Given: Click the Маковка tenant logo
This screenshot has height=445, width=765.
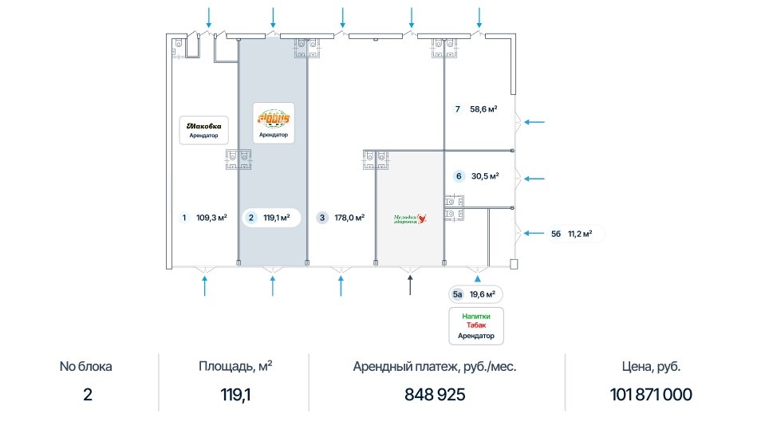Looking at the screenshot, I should pyautogui.click(x=203, y=125).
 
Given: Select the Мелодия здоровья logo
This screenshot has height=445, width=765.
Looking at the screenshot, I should pyautogui.click(x=410, y=218).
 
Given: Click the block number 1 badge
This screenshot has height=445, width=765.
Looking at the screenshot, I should pyautogui.click(x=184, y=217).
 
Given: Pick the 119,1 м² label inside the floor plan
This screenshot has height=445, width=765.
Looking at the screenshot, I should pyautogui.click(x=276, y=217).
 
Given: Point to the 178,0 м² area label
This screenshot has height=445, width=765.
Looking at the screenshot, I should pyautogui.click(x=348, y=217).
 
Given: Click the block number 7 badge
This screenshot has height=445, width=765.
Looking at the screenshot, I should pyautogui.click(x=457, y=109).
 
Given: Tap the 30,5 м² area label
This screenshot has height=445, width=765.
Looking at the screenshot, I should pyautogui.click(x=485, y=176).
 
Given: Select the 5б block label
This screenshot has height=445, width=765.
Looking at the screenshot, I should pyautogui.click(x=556, y=234).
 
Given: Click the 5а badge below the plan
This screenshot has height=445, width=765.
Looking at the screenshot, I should pyautogui.click(x=458, y=294).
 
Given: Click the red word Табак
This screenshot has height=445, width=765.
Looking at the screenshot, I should pyautogui.click(x=475, y=325).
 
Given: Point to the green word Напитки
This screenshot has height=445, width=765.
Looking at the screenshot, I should pyautogui.click(x=475, y=316).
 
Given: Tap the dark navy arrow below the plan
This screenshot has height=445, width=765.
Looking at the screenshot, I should pyautogui.click(x=410, y=284).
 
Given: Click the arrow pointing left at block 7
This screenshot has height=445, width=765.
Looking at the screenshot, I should pyautogui.click(x=535, y=122).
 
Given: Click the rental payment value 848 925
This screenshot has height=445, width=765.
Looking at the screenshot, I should pyautogui.click(x=435, y=395).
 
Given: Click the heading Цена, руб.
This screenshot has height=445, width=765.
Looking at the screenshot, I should pyautogui.click(x=652, y=367).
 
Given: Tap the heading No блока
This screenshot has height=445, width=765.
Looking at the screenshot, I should pyautogui.click(x=86, y=367).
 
